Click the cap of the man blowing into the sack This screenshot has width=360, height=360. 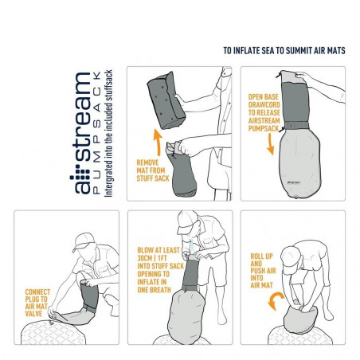click(x=186, y=221)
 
